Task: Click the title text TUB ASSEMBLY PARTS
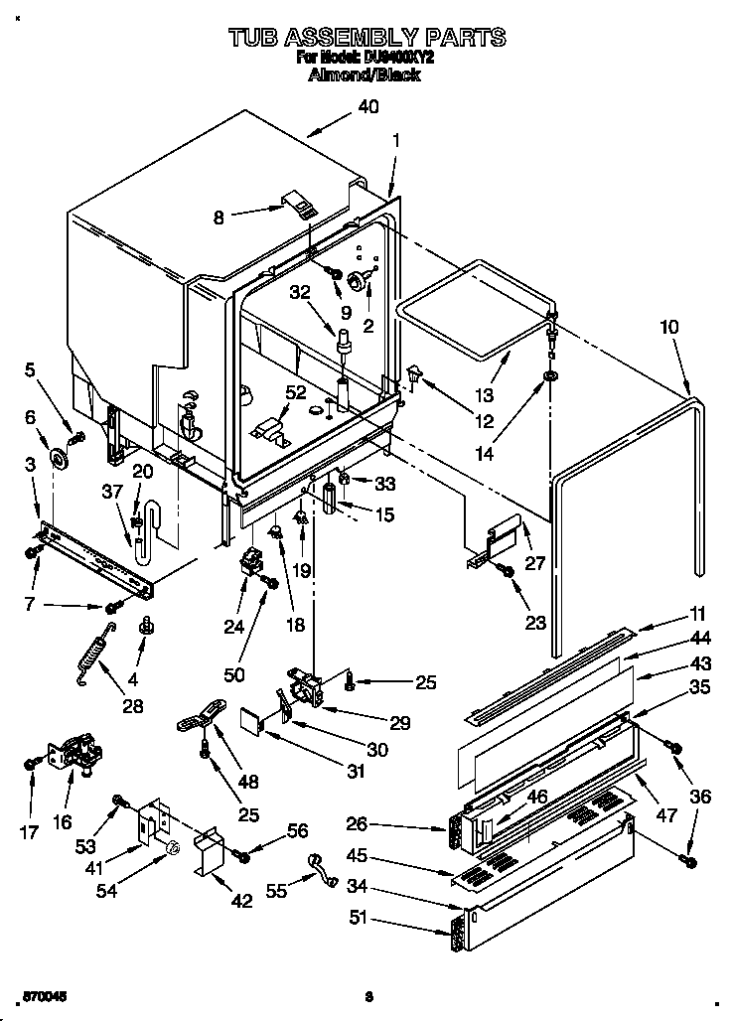tap(365, 38)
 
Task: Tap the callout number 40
tap(367, 108)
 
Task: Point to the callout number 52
tap(296, 392)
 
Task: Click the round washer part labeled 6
tap(61, 459)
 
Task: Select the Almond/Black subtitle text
tap(365, 74)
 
